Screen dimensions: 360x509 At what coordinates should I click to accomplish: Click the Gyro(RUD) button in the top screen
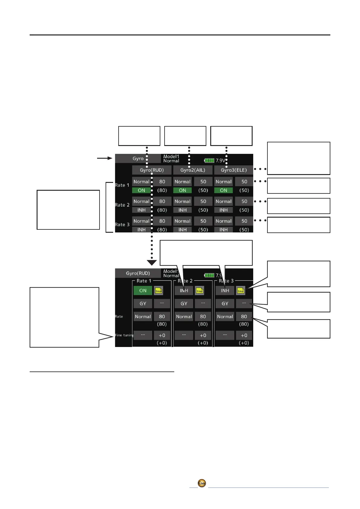152,170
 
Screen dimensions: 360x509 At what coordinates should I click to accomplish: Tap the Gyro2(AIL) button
193,170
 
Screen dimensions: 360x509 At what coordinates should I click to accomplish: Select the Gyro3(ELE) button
234,170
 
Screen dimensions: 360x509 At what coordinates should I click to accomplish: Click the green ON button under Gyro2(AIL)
182,190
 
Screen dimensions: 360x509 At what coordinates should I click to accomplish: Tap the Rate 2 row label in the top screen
122,205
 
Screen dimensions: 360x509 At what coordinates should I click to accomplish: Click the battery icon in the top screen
209,160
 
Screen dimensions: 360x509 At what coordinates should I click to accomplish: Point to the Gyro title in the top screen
138,159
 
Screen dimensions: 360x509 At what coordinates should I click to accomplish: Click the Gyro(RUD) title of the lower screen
138,273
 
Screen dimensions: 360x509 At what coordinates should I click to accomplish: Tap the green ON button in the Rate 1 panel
143,290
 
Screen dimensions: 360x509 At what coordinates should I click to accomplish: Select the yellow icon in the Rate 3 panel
241,290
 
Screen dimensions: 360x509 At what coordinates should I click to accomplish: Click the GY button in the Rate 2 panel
184,303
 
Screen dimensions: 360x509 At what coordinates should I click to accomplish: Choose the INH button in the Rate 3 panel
225,290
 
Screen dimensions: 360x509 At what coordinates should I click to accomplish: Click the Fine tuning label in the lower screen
124,335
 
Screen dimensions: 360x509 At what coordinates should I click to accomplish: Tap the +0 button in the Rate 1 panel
162,335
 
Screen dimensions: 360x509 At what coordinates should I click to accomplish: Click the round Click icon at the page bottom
202,483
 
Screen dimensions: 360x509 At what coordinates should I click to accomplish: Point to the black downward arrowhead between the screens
152,262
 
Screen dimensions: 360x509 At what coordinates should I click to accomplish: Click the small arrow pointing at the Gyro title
105,158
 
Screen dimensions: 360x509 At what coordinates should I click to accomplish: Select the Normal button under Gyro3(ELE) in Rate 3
224,221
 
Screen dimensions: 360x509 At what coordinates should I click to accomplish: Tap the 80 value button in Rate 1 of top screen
162,182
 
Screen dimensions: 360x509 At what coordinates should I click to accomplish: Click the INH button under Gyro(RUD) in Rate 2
142,210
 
